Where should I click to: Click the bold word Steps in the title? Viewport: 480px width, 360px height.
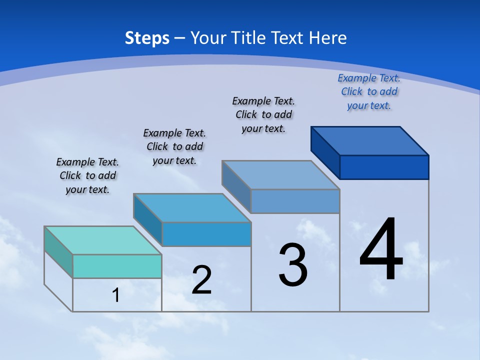click(x=147, y=38)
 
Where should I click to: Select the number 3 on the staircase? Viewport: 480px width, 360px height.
click(x=293, y=265)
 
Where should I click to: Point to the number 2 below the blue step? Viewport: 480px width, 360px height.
click(x=201, y=280)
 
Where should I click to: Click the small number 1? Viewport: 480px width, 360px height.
click(x=115, y=295)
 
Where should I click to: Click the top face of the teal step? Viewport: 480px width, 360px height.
click(x=103, y=240)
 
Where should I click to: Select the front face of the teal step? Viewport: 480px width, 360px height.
click(x=117, y=266)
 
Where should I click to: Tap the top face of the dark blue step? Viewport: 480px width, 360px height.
click(x=370, y=140)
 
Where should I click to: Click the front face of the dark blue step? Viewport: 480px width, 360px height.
click(x=384, y=167)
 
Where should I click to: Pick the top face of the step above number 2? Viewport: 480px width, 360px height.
click(x=192, y=207)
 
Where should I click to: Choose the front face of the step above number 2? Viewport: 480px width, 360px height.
click(x=206, y=234)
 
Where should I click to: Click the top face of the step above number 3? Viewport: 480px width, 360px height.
click(x=281, y=174)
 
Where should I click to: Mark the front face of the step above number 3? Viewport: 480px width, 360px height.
click(x=295, y=201)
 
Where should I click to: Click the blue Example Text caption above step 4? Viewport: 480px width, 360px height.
click(x=369, y=91)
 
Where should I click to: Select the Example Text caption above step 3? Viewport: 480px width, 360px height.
click(x=263, y=114)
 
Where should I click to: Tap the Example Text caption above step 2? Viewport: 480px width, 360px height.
click(x=174, y=146)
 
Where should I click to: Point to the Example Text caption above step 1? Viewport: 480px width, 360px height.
click(x=87, y=175)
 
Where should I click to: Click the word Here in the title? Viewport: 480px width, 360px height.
click(x=327, y=38)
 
